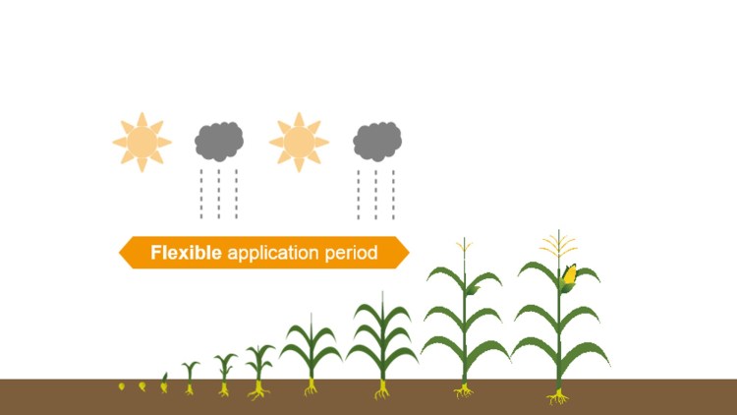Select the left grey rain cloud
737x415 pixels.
(218, 142)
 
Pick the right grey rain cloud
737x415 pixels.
(377, 142)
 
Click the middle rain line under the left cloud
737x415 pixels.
(219, 194)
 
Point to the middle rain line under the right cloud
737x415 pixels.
(376, 194)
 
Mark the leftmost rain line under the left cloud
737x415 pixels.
(202, 194)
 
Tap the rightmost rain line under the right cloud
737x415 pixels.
(393, 194)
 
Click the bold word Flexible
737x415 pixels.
(186, 253)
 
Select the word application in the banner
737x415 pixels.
(273, 253)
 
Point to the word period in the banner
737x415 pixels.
(351, 253)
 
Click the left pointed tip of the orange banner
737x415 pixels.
(121, 253)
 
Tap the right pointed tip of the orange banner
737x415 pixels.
(408, 253)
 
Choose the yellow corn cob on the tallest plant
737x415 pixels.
(569, 274)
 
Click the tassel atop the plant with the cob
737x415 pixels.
(559, 243)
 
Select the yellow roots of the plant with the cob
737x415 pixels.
(558, 396)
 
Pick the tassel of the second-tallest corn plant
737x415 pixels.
(464, 248)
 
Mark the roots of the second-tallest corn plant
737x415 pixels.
(464, 390)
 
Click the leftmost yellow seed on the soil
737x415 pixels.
(121, 385)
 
